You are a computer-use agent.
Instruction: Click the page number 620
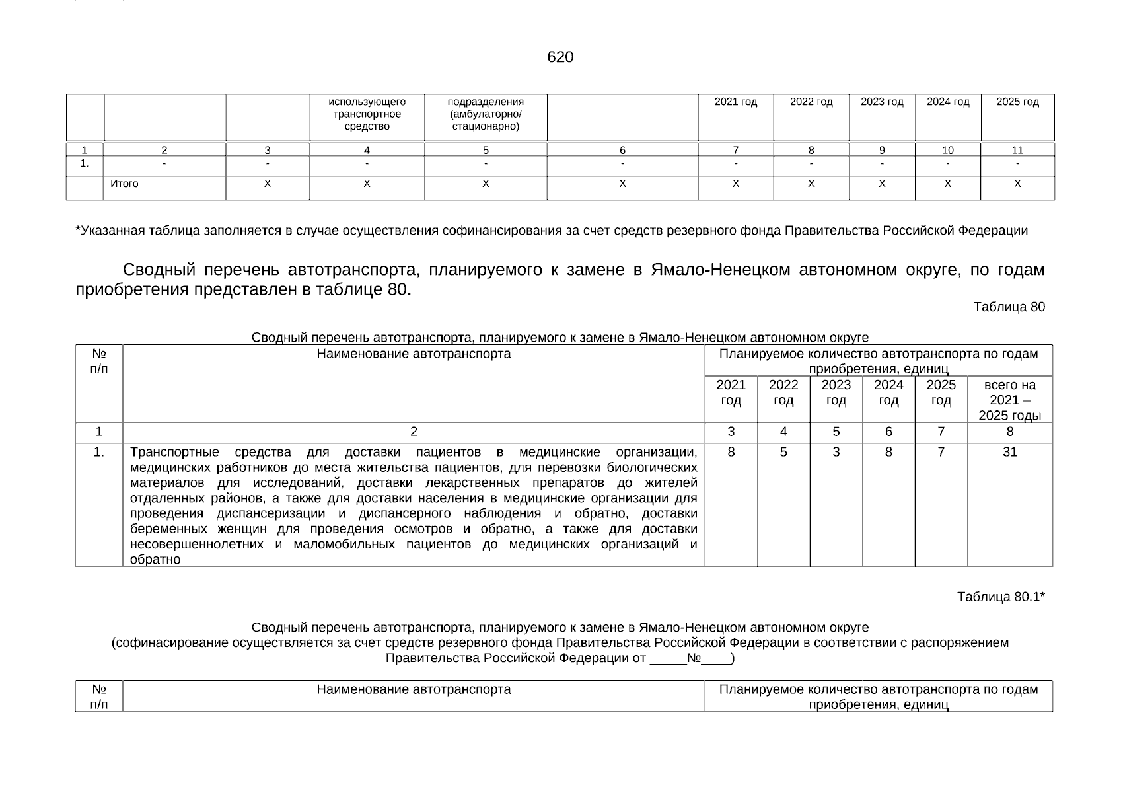tap(560, 57)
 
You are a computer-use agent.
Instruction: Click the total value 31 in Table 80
tap(1009, 452)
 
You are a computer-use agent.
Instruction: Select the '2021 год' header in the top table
tap(735, 102)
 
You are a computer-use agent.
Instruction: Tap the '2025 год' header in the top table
tap(1017, 102)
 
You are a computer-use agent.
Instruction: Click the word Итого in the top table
tap(124, 184)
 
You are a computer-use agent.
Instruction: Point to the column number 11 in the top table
tap(1017, 150)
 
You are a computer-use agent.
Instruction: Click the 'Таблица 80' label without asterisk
tap(1009, 307)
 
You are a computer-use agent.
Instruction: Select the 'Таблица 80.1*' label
tap(1001, 597)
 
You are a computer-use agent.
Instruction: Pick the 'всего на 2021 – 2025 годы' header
tap(1009, 400)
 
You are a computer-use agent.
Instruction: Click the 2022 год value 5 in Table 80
tap(783, 452)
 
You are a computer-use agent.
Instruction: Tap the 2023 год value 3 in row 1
tap(836, 452)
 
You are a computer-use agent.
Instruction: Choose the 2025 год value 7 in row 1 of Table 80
tap(941, 452)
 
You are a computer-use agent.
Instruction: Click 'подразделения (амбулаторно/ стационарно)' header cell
tap(486, 114)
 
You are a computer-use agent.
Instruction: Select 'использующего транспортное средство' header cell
tap(367, 114)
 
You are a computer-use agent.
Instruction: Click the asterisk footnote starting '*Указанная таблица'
tap(551, 231)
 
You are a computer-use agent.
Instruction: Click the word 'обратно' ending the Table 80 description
tap(155, 559)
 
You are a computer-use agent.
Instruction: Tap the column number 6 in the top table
tap(622, 150)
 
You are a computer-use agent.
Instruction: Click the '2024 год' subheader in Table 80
tap(888, 393)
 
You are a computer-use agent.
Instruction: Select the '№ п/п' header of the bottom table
tap(99, 697)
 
